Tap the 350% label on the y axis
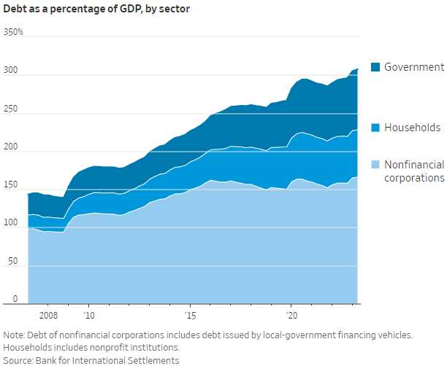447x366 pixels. coord(13,33)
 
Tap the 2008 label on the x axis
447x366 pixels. coord(48,316)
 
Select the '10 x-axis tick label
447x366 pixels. coord(88,316)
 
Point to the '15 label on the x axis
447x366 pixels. coord(190,316)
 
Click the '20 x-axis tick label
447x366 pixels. coord(291,316)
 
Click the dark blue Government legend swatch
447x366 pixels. coord(375,67)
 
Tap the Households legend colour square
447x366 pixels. coord(375,128)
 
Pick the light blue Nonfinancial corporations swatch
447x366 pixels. coord(375,166)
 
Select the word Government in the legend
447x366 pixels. coord(414,67)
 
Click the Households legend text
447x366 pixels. coord(413,128)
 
